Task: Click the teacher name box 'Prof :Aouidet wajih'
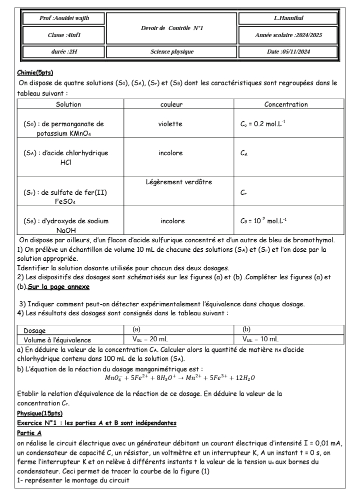pyautogui.click(x=63, y=19)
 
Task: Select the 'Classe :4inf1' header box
pyautogui.click(x=63, y=35)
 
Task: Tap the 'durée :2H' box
pyautogui.click(x=63, y=52)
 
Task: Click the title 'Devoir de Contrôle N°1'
pyautogui.click(x=171, y=28)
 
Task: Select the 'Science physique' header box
pyautogui.click(x=171, y=52)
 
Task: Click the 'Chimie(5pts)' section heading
pyautogui.click(x=35, y=73)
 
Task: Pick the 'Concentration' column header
pyautogui.click(x=286, y=105)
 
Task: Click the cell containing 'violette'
pyautogui.click(x=170, y=124)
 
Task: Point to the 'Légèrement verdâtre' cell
pyautogui.click(x=171, y=182)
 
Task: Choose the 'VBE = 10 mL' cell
pyautogui.click(x=260, y=339)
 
